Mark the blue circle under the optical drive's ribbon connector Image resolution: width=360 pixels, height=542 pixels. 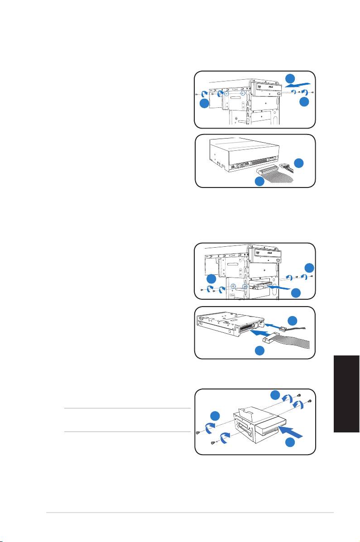259,182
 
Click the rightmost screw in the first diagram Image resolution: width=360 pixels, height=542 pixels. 313,92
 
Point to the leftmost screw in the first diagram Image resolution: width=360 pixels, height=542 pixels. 196,94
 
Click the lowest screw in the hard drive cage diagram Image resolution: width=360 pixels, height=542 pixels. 213,444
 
